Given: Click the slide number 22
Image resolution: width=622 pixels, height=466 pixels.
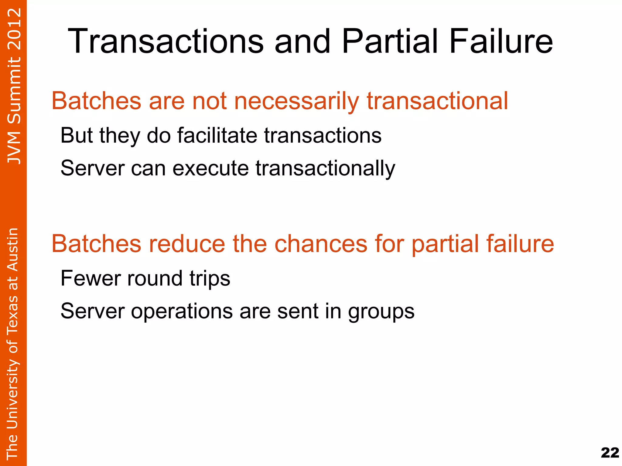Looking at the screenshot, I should click(x=610, y=453).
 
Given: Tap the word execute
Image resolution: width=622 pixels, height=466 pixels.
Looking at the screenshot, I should click(x=210, y=168).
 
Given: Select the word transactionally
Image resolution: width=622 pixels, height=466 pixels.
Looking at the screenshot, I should click(x=325, y=168).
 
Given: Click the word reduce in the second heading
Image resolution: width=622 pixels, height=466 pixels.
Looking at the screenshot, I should click(x=183, y=243).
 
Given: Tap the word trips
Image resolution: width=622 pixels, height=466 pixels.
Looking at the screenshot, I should click(x=210, y=279).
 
